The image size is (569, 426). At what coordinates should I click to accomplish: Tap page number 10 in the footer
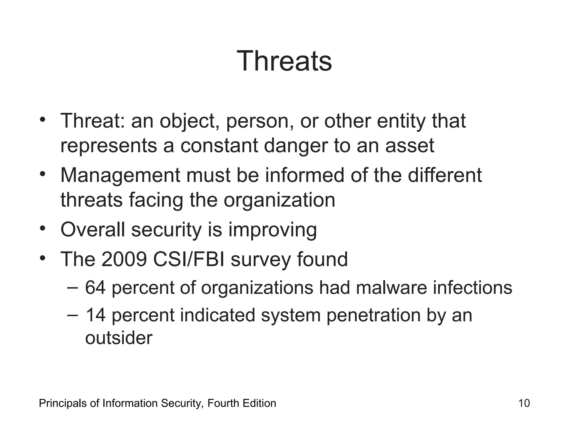click(x=524, y=403)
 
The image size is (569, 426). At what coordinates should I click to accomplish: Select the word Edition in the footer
click(x=259, y=403)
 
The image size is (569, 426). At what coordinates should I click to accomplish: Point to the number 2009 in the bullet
click(x=124, y=259)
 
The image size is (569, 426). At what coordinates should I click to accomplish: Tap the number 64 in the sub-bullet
click(x=95, y=287)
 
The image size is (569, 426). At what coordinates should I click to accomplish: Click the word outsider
click(x=119, y=338)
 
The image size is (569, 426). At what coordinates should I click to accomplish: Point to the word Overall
click(x=93, y=230)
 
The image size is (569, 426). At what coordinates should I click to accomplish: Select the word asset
click(x=410, y=146)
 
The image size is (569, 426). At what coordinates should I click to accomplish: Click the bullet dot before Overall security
click(x=42, y=228)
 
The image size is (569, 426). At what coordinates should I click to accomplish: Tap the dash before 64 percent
click(x=73, y=287)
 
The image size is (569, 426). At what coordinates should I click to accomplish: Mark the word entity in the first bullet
click(x=401, y=121)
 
